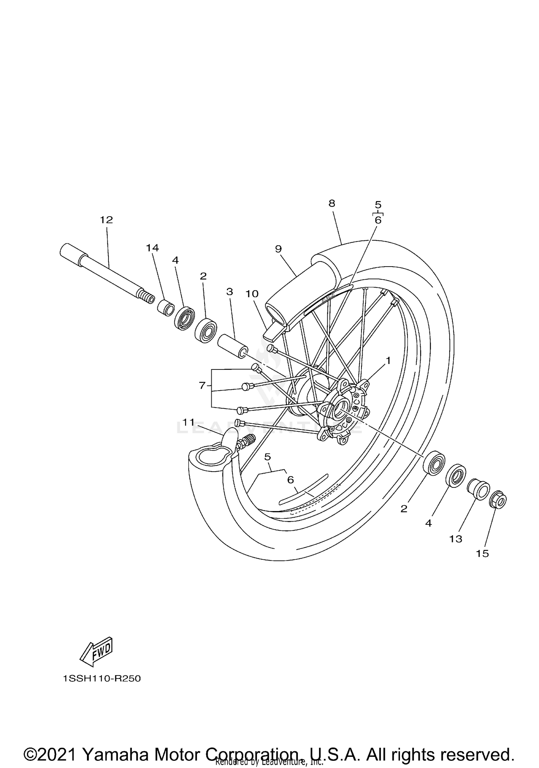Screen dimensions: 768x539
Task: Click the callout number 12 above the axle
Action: click(x=106, y=220)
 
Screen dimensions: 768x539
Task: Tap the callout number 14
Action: click(x=152, y=248)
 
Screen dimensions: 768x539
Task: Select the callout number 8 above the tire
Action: click(x=332, y=204)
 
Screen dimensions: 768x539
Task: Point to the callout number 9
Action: click(x=278, y=249)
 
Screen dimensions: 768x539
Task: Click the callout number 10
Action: click(x=252, y=294)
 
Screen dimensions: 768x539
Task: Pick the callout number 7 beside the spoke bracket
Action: click(x=202, y=386)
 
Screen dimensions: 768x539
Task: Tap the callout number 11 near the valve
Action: click(x=188, y=422)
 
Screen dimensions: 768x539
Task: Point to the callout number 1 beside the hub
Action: click(x=388, y=360)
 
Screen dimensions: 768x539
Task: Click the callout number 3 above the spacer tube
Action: click(x=230, y=292)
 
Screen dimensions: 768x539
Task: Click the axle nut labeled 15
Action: click(x=498, y=500)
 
